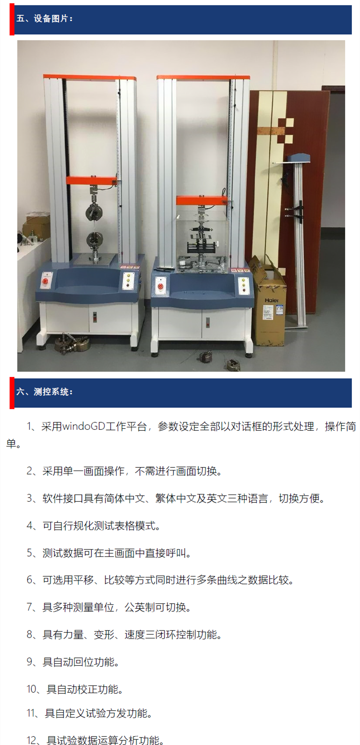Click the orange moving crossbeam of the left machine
(91, 180)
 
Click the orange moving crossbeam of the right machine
(201, 201)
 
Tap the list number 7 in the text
(29, 607)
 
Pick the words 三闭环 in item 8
(165, 635)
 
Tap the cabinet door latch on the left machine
(94, 316)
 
